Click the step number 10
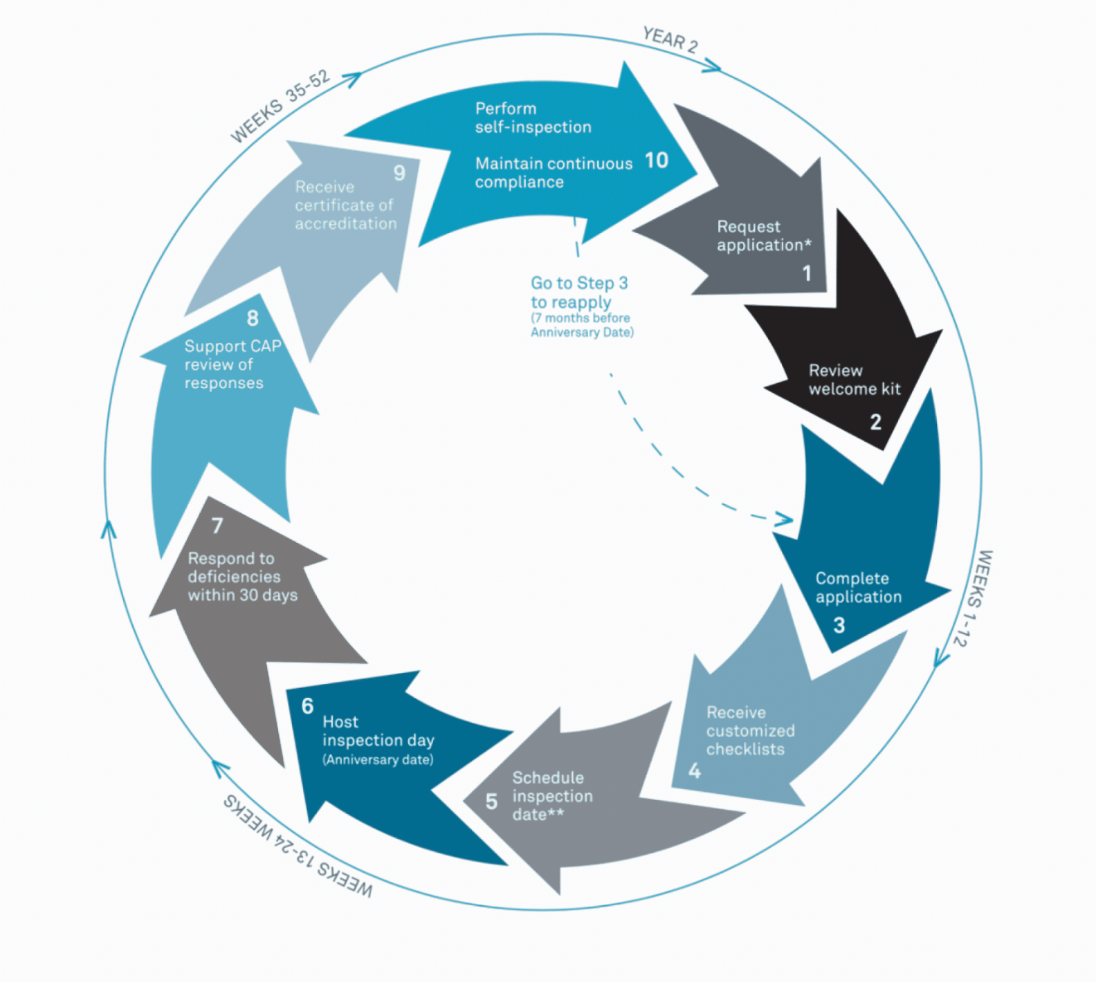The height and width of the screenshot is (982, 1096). pos(657,160)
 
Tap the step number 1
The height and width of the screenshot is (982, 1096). pos(807,274)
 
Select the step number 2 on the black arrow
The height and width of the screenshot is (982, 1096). pos(875,422)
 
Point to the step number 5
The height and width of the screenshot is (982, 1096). pos(491,802)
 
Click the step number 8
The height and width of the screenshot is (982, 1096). pos(253,318)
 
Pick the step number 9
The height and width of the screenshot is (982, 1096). pos(399,173)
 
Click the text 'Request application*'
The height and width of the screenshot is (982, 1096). pos(763,236)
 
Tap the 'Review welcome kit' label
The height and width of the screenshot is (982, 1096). pos(854,380)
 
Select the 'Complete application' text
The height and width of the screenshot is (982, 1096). pos(858,588)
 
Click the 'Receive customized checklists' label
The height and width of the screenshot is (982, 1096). pos(750,731)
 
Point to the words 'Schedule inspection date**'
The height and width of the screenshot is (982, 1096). pos(551,796)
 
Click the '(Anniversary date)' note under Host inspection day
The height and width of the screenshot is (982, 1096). pos(378,760)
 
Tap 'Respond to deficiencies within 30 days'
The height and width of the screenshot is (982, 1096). pos(242,577)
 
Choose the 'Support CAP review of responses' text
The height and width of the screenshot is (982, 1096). pos(232,364)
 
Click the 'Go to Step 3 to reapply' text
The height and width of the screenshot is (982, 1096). pos(578,293)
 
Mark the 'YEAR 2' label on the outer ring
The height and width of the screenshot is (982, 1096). pos(670,39)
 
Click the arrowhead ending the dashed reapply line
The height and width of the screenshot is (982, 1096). pos(785,519)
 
